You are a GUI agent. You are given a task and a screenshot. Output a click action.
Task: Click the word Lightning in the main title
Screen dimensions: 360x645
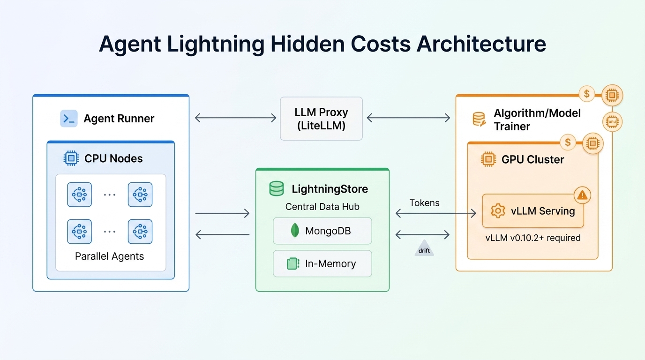[x=211, y=45]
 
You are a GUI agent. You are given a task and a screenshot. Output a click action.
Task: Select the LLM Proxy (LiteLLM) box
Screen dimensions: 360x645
[x=321, y=119]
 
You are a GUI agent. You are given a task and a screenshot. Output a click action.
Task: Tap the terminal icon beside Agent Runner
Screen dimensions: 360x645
[x=69, y=119]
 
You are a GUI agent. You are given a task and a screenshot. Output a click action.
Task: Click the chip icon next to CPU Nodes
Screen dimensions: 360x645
[x=71, y=158]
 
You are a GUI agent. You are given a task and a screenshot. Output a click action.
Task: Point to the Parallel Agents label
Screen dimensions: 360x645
[x=109, y=256]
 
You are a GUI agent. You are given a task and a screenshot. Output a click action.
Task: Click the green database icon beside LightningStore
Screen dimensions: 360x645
[x=277, y=189]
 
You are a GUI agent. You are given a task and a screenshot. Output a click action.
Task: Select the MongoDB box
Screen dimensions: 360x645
[x=322, y=231]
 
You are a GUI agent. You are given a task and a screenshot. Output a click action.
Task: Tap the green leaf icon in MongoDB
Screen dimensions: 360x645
[x=295, y=231]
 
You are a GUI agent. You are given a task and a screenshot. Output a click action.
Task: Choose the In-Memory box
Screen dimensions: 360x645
[x=322, y=264]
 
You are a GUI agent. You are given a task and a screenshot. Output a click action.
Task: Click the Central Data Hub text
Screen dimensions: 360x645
[x=322, y=207]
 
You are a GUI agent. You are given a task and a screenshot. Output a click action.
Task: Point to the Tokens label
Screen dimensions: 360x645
[x=424, y=203]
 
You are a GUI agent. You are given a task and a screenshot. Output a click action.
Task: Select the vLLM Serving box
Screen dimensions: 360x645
[x=533, y=211]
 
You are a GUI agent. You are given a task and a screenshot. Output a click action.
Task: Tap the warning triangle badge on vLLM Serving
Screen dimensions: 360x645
[x=582, y=195]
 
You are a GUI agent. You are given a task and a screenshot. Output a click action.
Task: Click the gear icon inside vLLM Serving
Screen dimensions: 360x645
[x=497, y=211]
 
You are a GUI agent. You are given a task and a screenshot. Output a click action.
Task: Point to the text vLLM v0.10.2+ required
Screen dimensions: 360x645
[x=533, y=238]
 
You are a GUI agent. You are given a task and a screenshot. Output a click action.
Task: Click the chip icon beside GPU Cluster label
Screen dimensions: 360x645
[x=488, y=159]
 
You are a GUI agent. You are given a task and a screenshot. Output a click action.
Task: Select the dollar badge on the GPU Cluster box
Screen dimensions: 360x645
[x=568, y=142]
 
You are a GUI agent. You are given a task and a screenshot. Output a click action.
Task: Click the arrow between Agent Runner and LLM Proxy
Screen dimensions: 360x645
[x=235, y=118]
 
